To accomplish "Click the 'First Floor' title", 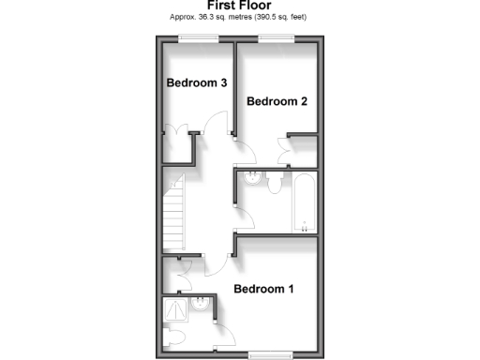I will (x=240, y=6).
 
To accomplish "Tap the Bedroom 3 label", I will (x=197, y=82).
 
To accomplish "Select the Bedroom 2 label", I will (x=277, y=101).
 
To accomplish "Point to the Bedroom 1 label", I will (x=263, y=289).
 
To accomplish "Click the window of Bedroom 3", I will (x=200, y=37).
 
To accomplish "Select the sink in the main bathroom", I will (x=250, y=180).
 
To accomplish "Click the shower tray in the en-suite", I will (x=175, y=308).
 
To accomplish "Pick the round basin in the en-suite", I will (x=202, y=305).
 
